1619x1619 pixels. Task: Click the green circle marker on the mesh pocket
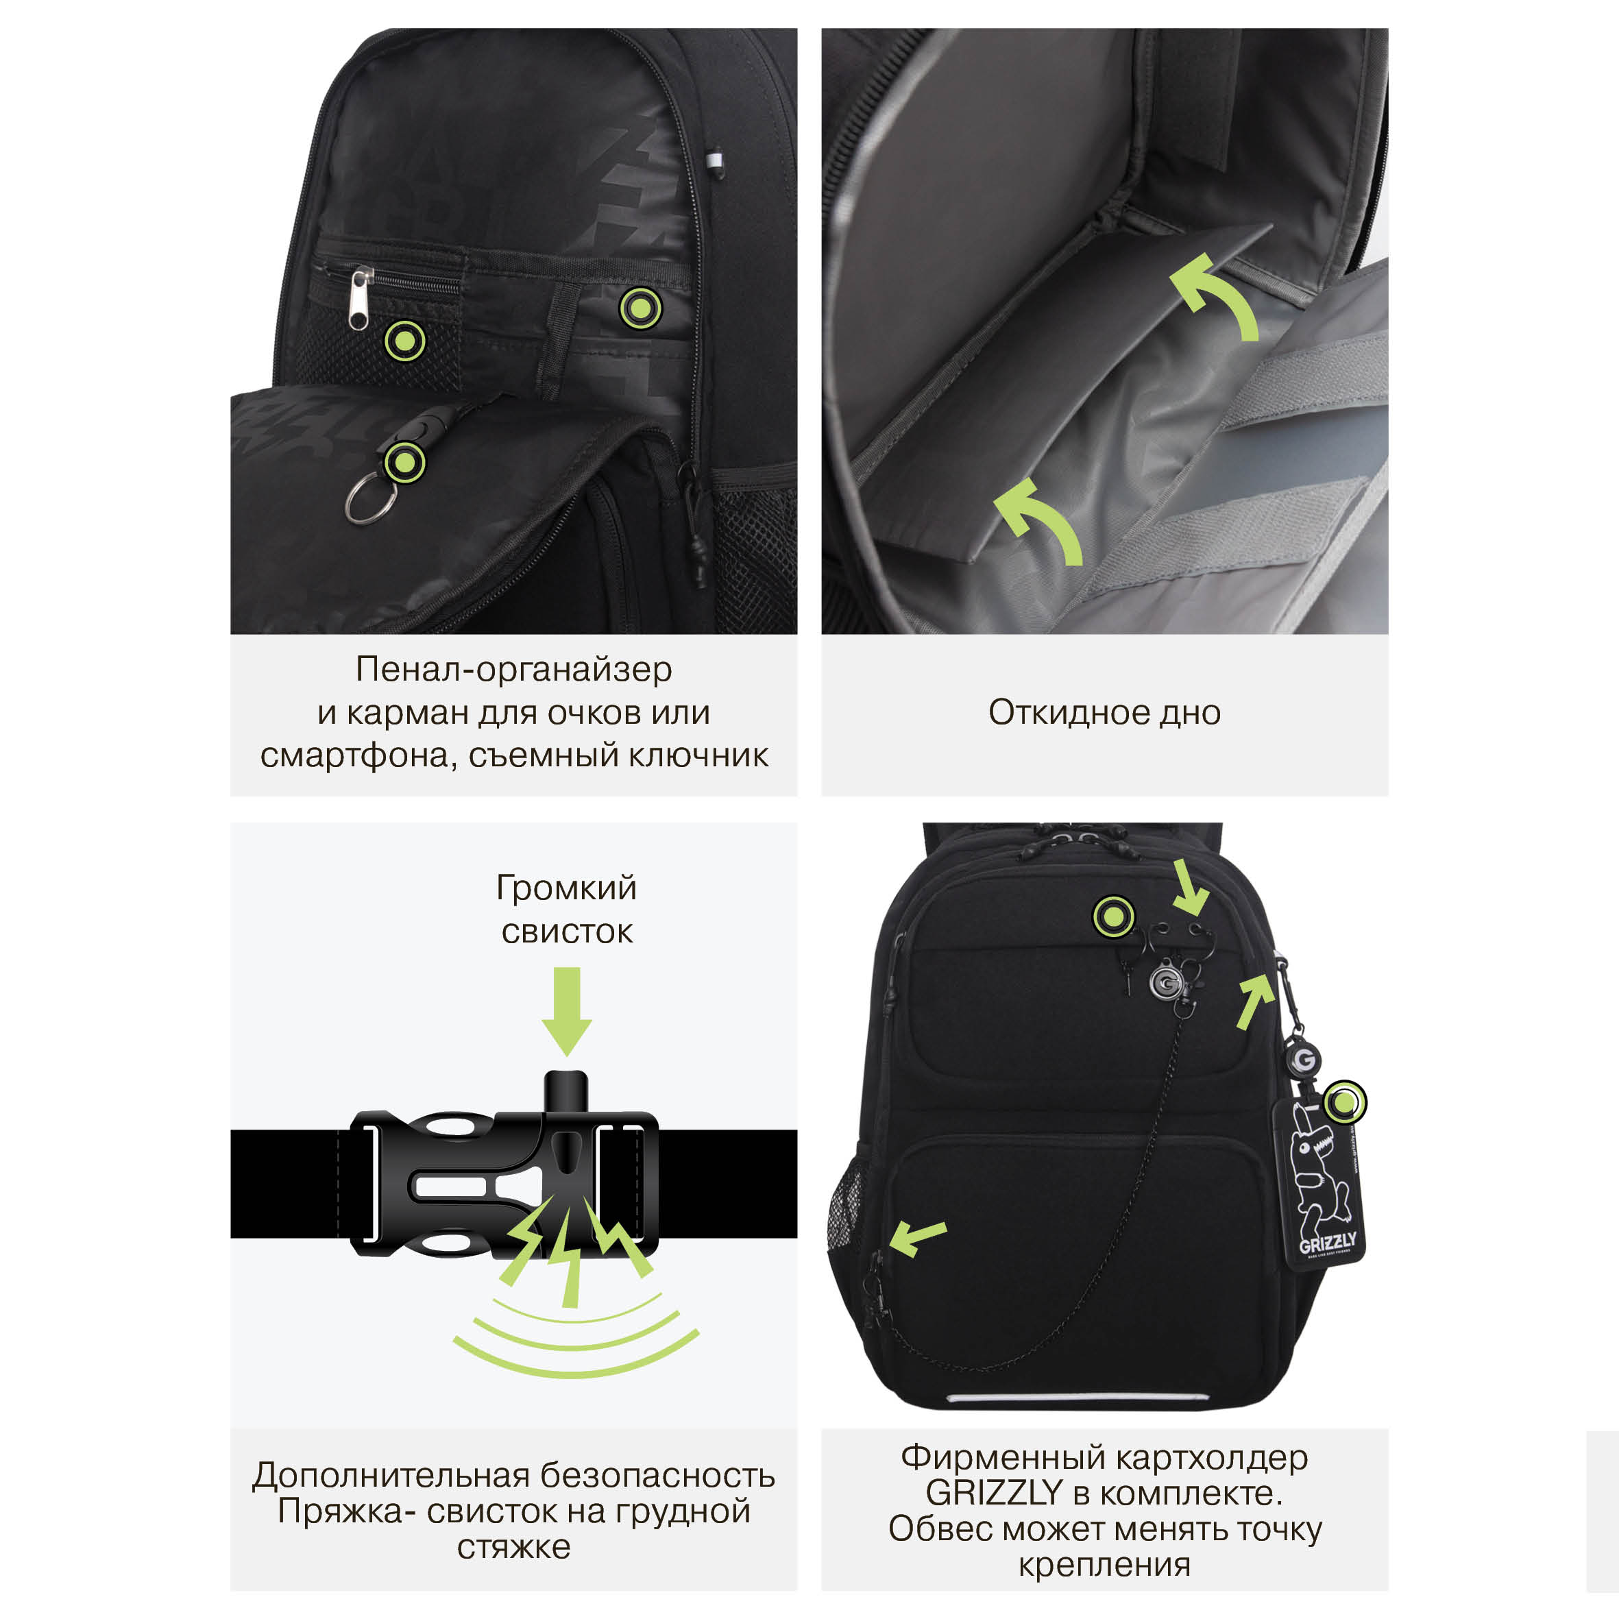[404, 341]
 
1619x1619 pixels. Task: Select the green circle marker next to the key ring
[404, 463]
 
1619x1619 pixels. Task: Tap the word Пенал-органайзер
[513, 669]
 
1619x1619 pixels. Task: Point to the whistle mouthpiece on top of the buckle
[566, 1092]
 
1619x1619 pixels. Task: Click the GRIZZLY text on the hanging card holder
[1328, 1243]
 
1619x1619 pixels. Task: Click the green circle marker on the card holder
[1345, 1103]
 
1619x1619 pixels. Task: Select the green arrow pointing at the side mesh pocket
[918, 1237]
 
